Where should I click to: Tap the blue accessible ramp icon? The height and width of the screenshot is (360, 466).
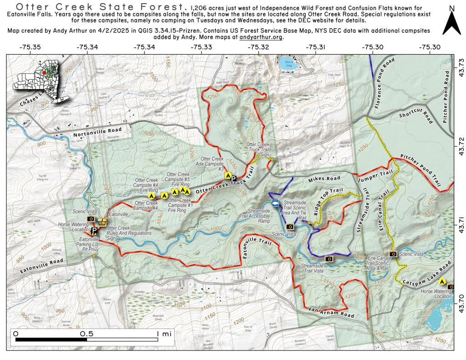pos(275,203)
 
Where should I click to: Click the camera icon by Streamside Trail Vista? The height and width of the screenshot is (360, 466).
pos(329,259)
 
